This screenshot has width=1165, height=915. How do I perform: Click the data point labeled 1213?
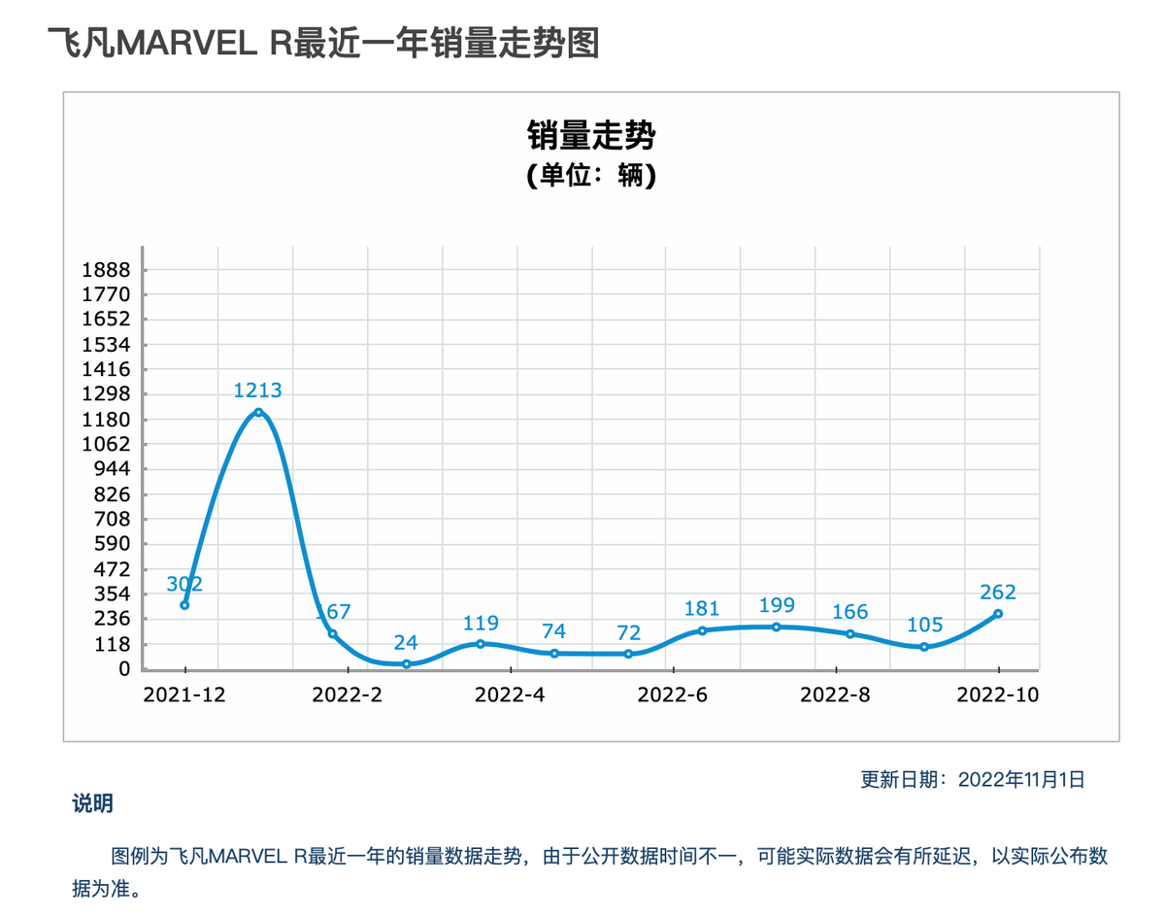[x=258, y=413]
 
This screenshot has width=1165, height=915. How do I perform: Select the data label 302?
[x=184, y=584]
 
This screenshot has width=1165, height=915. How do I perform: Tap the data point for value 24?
[x=407, y=663]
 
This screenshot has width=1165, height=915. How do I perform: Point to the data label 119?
[x=481, y=623]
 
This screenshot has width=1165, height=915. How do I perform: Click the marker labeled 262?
[x=998, y=614]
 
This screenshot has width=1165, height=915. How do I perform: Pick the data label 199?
[x=777, y=606]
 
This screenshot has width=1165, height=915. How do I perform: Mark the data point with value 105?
[x=924, y=647]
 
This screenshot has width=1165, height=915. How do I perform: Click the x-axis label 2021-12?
[x=183, y=695]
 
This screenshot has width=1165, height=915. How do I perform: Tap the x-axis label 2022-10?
[x=998, y=695]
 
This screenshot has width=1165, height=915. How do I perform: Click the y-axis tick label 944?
[x=115, y=469]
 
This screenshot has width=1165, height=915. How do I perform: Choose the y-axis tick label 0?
[x=124, y=669]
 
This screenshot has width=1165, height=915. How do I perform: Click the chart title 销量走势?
[x=591, y=135]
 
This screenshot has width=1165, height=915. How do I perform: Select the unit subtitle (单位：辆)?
[x=591, y=178]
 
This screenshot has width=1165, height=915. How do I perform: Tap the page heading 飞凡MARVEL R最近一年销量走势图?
[x=323, y=44]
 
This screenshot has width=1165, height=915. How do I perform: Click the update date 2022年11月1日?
[x=1020, y=779]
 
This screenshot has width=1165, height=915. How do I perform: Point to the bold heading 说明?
[x=92, y=803]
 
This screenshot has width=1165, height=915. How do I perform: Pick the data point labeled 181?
[x=702, y=630]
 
